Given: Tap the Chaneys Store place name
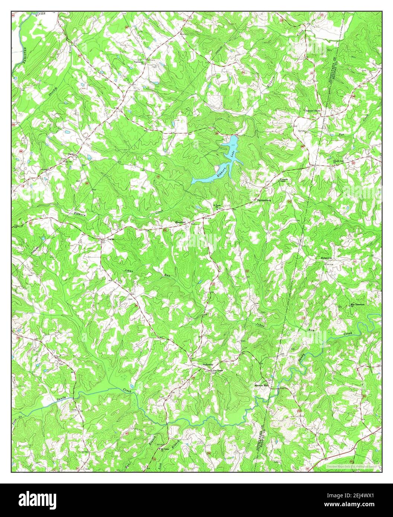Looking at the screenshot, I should tap(312, 110).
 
